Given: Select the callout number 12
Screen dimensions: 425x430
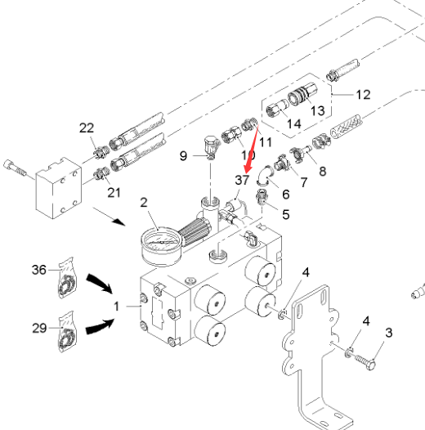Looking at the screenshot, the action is click(x=363, y=95).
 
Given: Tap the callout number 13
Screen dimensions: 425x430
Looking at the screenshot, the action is click(x=317, y=111).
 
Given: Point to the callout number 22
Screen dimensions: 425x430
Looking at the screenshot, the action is click(x=87, y=128).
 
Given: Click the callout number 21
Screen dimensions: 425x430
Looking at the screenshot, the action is click(x=114, y=192).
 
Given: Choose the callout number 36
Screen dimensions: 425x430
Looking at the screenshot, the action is click(x=39, y=270).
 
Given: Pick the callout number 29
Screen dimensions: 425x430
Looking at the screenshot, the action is click(x=39, y=328).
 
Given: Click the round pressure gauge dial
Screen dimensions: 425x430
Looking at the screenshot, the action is click(x=161, y=246).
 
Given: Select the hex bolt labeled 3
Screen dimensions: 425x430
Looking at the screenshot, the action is click(x=365, y=361).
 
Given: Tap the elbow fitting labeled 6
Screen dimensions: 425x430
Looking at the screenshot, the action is click(x=264, y=176).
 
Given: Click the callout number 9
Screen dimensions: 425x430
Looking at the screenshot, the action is click(x=183, y=156).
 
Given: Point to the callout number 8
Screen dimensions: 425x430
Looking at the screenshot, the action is click(x=323, y=172).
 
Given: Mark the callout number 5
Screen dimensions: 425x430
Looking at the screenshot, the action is click(x=286, y=214).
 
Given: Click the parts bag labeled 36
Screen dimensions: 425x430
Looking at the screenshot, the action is click(x=66, y=278).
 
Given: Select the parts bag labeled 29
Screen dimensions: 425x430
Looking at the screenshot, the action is click(x=66, y=332).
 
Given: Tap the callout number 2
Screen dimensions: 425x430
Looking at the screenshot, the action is click(x=144, y=203).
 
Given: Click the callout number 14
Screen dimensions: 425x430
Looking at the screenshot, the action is click(x=294, y=123).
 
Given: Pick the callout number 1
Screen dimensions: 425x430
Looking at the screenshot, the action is click(x=117, y=307).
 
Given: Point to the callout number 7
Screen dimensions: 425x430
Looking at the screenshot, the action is click(x=304, y=182).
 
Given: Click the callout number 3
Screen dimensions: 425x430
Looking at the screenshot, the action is click(x=388, y=333).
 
